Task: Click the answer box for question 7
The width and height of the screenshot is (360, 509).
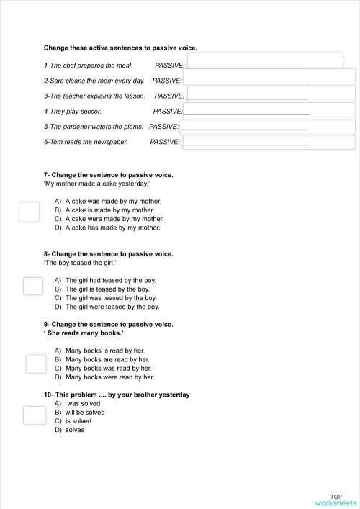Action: pyautogui.click(x=29, y=212)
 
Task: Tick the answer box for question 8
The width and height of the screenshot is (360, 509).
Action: pyautogui.click(x=33, y=286)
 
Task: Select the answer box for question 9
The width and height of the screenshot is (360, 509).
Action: pyautogui.click(x=36, y=364)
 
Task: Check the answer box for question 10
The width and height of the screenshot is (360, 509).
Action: pyautogui.click(x=33, y=415)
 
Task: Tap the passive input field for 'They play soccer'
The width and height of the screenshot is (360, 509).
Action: pyautogui.click(x=269, y=111)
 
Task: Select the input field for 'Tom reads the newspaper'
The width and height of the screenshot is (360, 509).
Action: pyautogui.click(x=269, y=141)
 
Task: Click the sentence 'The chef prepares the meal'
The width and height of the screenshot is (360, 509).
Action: pyautogui.click(x=89, y=65)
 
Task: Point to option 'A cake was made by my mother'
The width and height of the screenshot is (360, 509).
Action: pyautogui.click(x=113, y=202)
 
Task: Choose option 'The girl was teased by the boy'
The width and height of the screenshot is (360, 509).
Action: pyautogui.click(x=111, y=297)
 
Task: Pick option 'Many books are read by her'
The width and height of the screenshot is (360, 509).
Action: pyautogui.click(x=107, y=359)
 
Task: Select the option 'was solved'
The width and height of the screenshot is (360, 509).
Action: pyautogui.click(x=84, y=404)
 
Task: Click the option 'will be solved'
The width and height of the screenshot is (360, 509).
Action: pyautogui.click(x=85, y=413)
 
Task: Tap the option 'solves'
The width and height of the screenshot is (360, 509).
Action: pyautogui.click(x=75, y=430)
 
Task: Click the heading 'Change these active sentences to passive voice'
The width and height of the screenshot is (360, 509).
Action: pyautogui.click(x=120, y=48)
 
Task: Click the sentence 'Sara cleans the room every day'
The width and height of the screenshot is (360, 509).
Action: pyautogui.click(x=94, y=81)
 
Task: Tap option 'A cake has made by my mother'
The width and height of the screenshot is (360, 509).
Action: pyautogui.click(x=112, y=228)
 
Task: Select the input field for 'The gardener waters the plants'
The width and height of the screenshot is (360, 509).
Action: pyautogui.click(x=267, y=127)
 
